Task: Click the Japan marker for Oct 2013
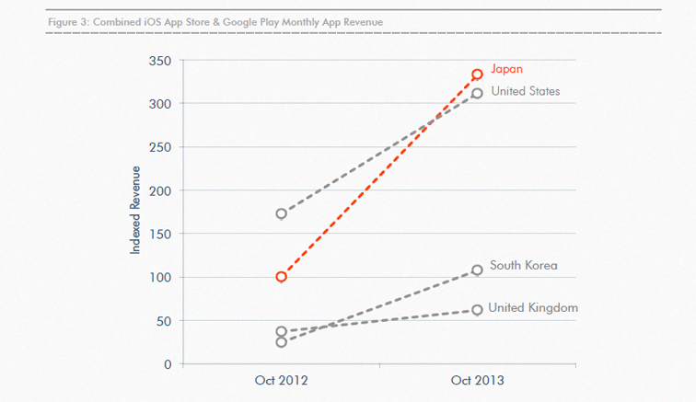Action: click(477, 75)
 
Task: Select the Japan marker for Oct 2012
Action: click(281, 277)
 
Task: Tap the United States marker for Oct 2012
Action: click(281, 213)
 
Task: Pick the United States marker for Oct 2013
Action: click(477, 93)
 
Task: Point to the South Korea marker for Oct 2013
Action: click(477, 270)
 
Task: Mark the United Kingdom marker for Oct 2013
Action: click(477, 310)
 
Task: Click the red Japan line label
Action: click(506, 69)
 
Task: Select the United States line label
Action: click(525, 91)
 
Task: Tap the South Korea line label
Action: click(523, 266)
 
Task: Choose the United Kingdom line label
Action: click(532, 307)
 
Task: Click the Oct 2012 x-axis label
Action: click(281, 380)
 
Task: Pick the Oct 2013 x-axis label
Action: click(477, 380)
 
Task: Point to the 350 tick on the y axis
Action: click(160, 61)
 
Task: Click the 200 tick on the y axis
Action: click(160, 190)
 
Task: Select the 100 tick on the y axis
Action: click(160, 277)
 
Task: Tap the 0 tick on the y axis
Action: click(167, 364)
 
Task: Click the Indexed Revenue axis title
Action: click(136, 210)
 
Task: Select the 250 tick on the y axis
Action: click(160, 147)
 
